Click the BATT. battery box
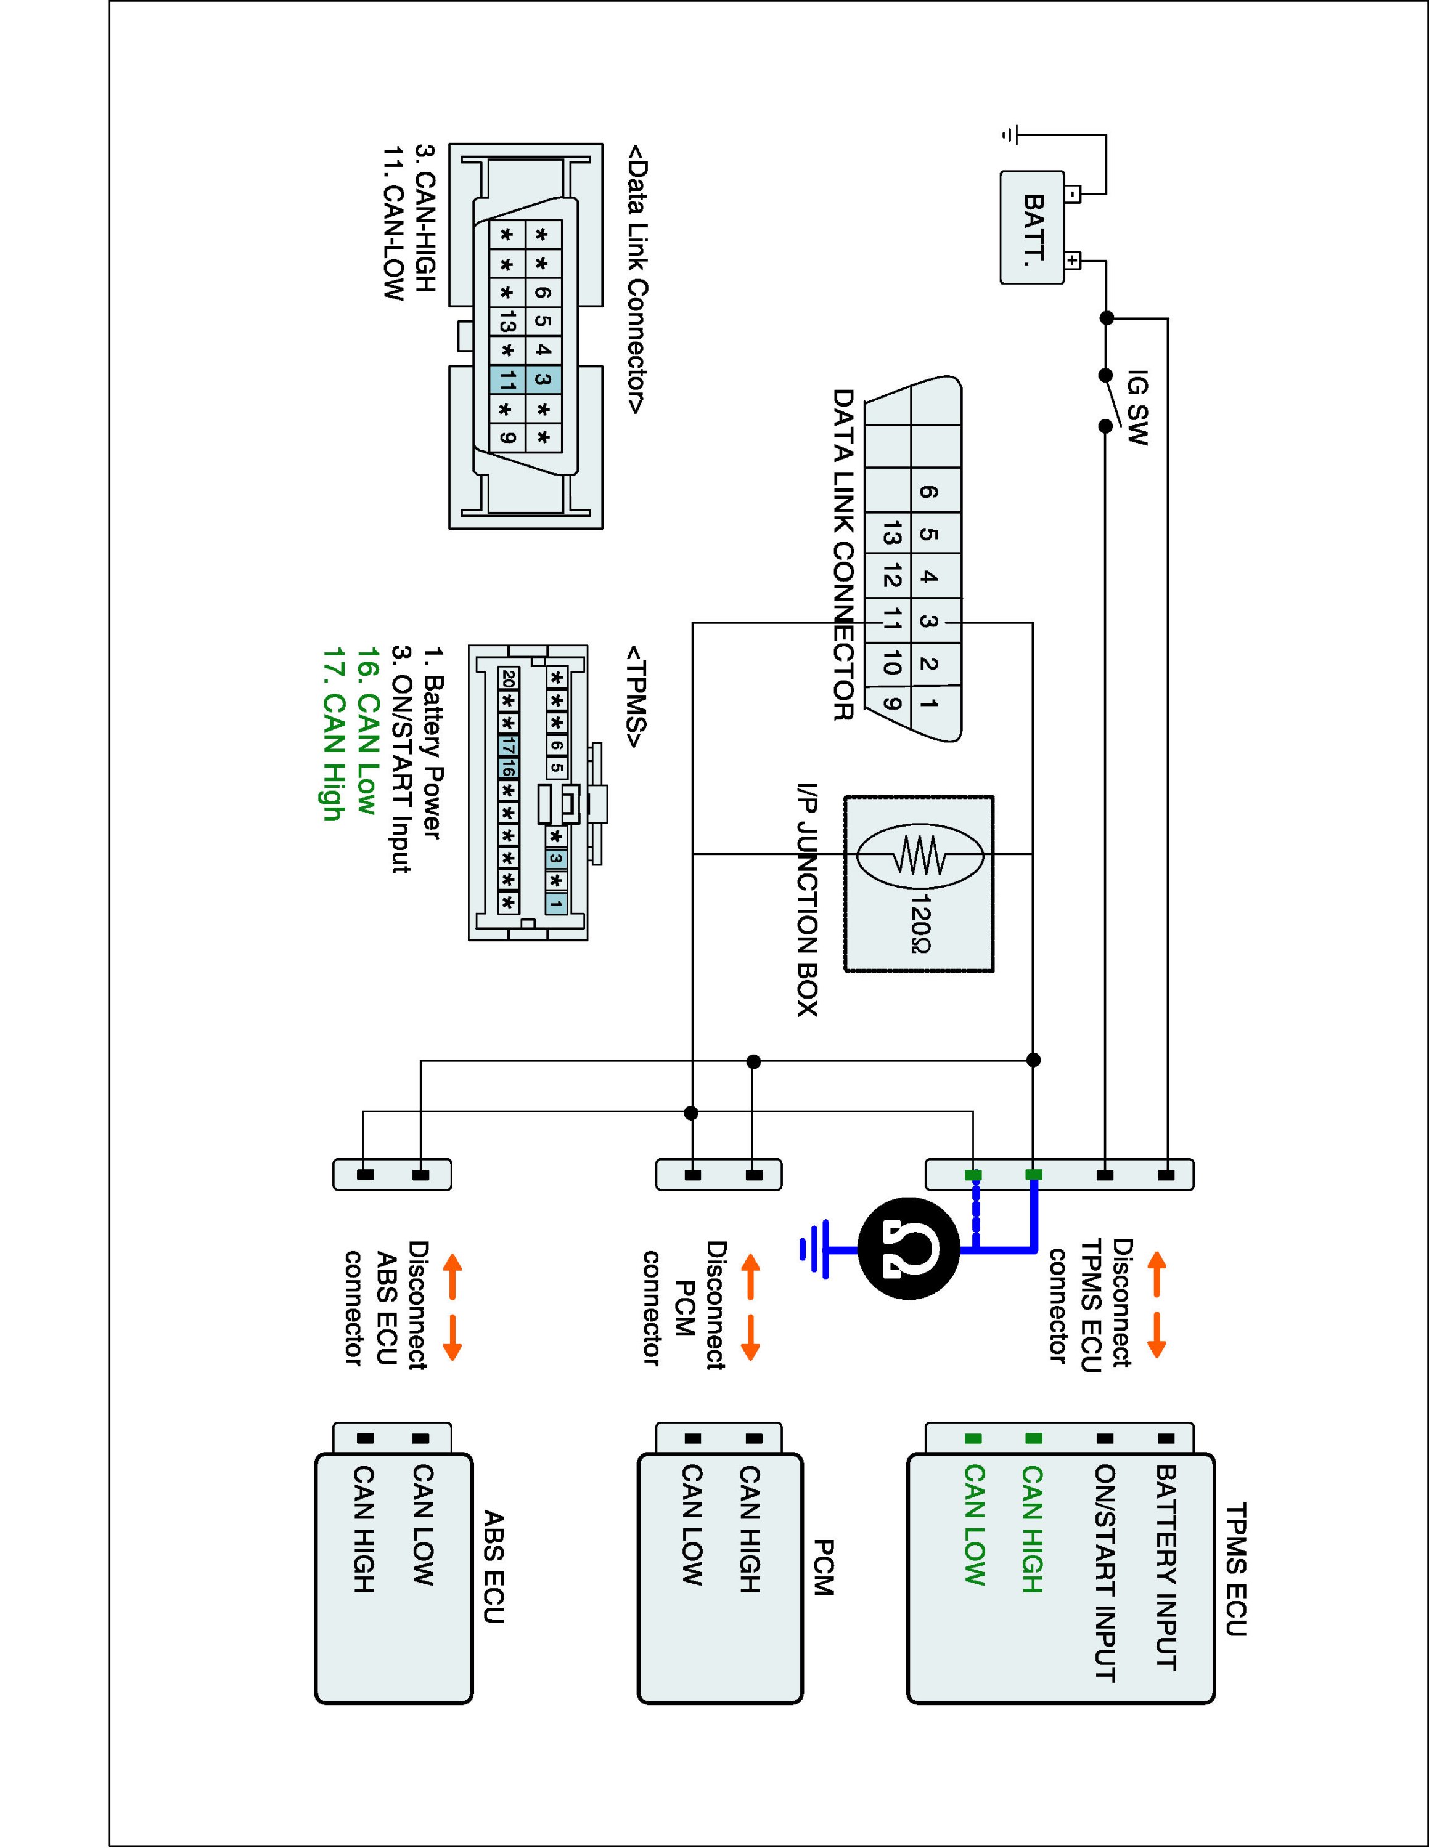[x=1033, y=227]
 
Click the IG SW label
[x=1138, y=408]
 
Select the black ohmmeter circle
[x=908, y=1248]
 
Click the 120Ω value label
[x=920, y=922]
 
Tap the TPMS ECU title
[x=1236, y=1569]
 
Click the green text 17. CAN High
[x=333, y=734]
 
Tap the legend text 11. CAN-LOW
[x=394, y=224]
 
